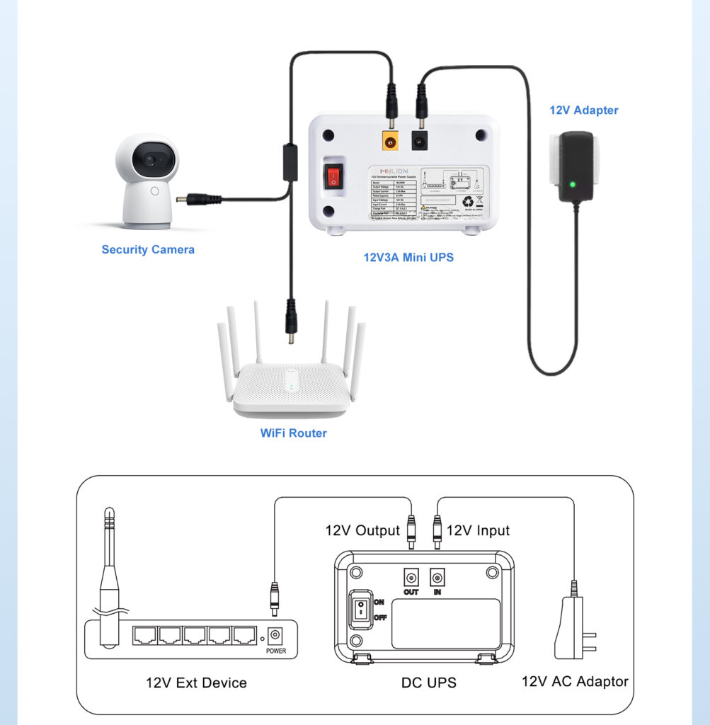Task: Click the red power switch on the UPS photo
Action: pyautogui.click(x=333, y=177)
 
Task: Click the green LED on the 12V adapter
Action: pyautogui.click(x=572, y=185)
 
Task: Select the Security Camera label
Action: pyautogui.click(x=148, y=249)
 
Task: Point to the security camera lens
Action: pyautogui.click(x=151, y=160)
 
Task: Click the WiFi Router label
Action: pyautogui.click(x=293, y=433)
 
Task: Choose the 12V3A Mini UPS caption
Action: pyautogui.click(x=408, y=257)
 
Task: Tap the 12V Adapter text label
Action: pyautogui.click(x=584, y=110)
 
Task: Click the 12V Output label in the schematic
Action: pyautogui.click(x=362, y=530)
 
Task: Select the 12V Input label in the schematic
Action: pyautogui.click(x=478, y=530)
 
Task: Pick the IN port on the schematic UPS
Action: pyautogui.click(x=437, y=576)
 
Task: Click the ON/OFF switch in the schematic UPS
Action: pyautogui.click(x=360, y=609)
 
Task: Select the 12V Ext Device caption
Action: pyautogui.click(x=196, y=683)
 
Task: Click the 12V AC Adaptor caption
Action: pyautogui.click(x=575, y=681)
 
